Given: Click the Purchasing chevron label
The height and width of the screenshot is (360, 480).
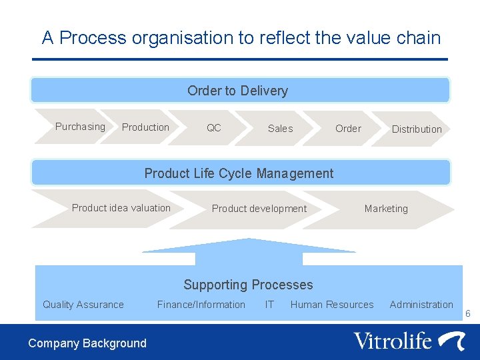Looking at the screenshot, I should click(x=80, y=127).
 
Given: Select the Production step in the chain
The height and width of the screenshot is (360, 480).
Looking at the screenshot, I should click(x=145, y=127).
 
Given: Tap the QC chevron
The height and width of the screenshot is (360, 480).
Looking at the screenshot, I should click(x=214, y=127).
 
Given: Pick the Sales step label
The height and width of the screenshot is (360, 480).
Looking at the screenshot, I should click(x=280, y=129).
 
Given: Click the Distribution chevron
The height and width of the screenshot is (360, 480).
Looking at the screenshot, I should click(x=417, y=129).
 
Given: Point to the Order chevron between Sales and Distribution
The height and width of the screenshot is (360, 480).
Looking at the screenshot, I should click(x=348, y=129).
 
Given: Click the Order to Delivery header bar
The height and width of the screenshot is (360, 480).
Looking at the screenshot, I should click(x=238, y=91).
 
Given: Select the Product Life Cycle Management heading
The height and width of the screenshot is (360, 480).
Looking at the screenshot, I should click(x=239, y=173).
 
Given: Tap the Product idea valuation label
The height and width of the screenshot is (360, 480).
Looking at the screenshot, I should click(x=121, y=208).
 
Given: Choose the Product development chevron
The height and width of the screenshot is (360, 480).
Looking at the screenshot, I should click(x=259, y=209).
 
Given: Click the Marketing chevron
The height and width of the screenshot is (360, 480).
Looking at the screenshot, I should click(x=386, y=209).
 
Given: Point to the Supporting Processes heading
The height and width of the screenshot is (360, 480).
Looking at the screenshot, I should click(x=248, y=285).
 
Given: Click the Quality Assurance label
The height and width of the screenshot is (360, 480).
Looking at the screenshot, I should click(x=83, y=305).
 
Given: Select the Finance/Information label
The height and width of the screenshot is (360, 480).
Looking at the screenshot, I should click(x=201, y=305).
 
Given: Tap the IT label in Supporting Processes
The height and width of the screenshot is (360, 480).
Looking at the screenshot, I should click(x=269, y=305).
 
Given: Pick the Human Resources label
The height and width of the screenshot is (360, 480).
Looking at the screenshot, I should click(x=332, y=305).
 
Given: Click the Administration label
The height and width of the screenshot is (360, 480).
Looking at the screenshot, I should click(x=421, y=305).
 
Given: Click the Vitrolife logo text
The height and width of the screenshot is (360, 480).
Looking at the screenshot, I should click(x=393, y=341).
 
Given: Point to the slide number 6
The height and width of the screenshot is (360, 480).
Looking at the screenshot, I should click(x=468, y=313).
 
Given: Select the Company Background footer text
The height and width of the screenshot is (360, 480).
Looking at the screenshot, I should click(x=87, y=343).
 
